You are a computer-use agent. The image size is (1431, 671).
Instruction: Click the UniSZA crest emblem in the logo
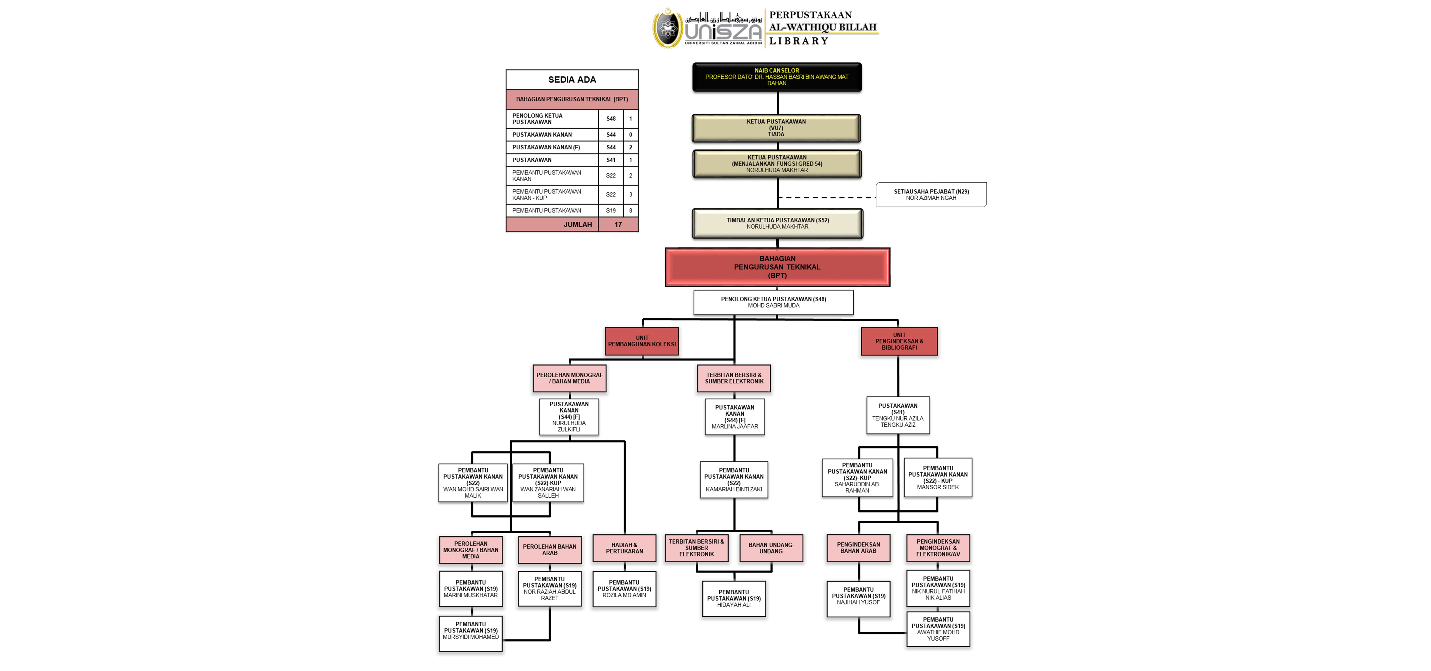point(667,28)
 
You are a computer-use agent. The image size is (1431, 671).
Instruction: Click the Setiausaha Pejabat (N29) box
point(931,194)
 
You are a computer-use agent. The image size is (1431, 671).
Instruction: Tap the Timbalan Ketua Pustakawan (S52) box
point(777,223)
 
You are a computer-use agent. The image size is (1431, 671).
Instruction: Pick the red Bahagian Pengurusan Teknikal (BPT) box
point(777,267)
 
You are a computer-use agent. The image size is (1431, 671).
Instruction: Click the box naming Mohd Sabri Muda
point(773,302)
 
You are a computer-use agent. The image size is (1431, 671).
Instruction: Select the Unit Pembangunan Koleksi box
point(642,341)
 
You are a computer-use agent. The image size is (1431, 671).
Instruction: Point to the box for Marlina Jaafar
point(734,417)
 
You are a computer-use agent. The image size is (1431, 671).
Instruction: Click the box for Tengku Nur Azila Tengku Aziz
point(898,415)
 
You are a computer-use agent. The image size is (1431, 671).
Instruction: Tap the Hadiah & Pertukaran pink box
point(624,548)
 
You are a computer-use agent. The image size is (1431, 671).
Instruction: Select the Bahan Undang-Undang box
point(771,548)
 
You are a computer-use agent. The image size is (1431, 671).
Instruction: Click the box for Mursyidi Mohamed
point(471,633)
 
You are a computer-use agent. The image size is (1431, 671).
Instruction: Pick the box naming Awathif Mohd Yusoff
point(938,629)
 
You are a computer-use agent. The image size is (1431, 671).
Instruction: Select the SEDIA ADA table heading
point(572,79)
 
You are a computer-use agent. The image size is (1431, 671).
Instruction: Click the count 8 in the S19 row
point(631,211)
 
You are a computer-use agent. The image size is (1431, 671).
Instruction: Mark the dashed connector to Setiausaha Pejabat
point(827,197)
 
